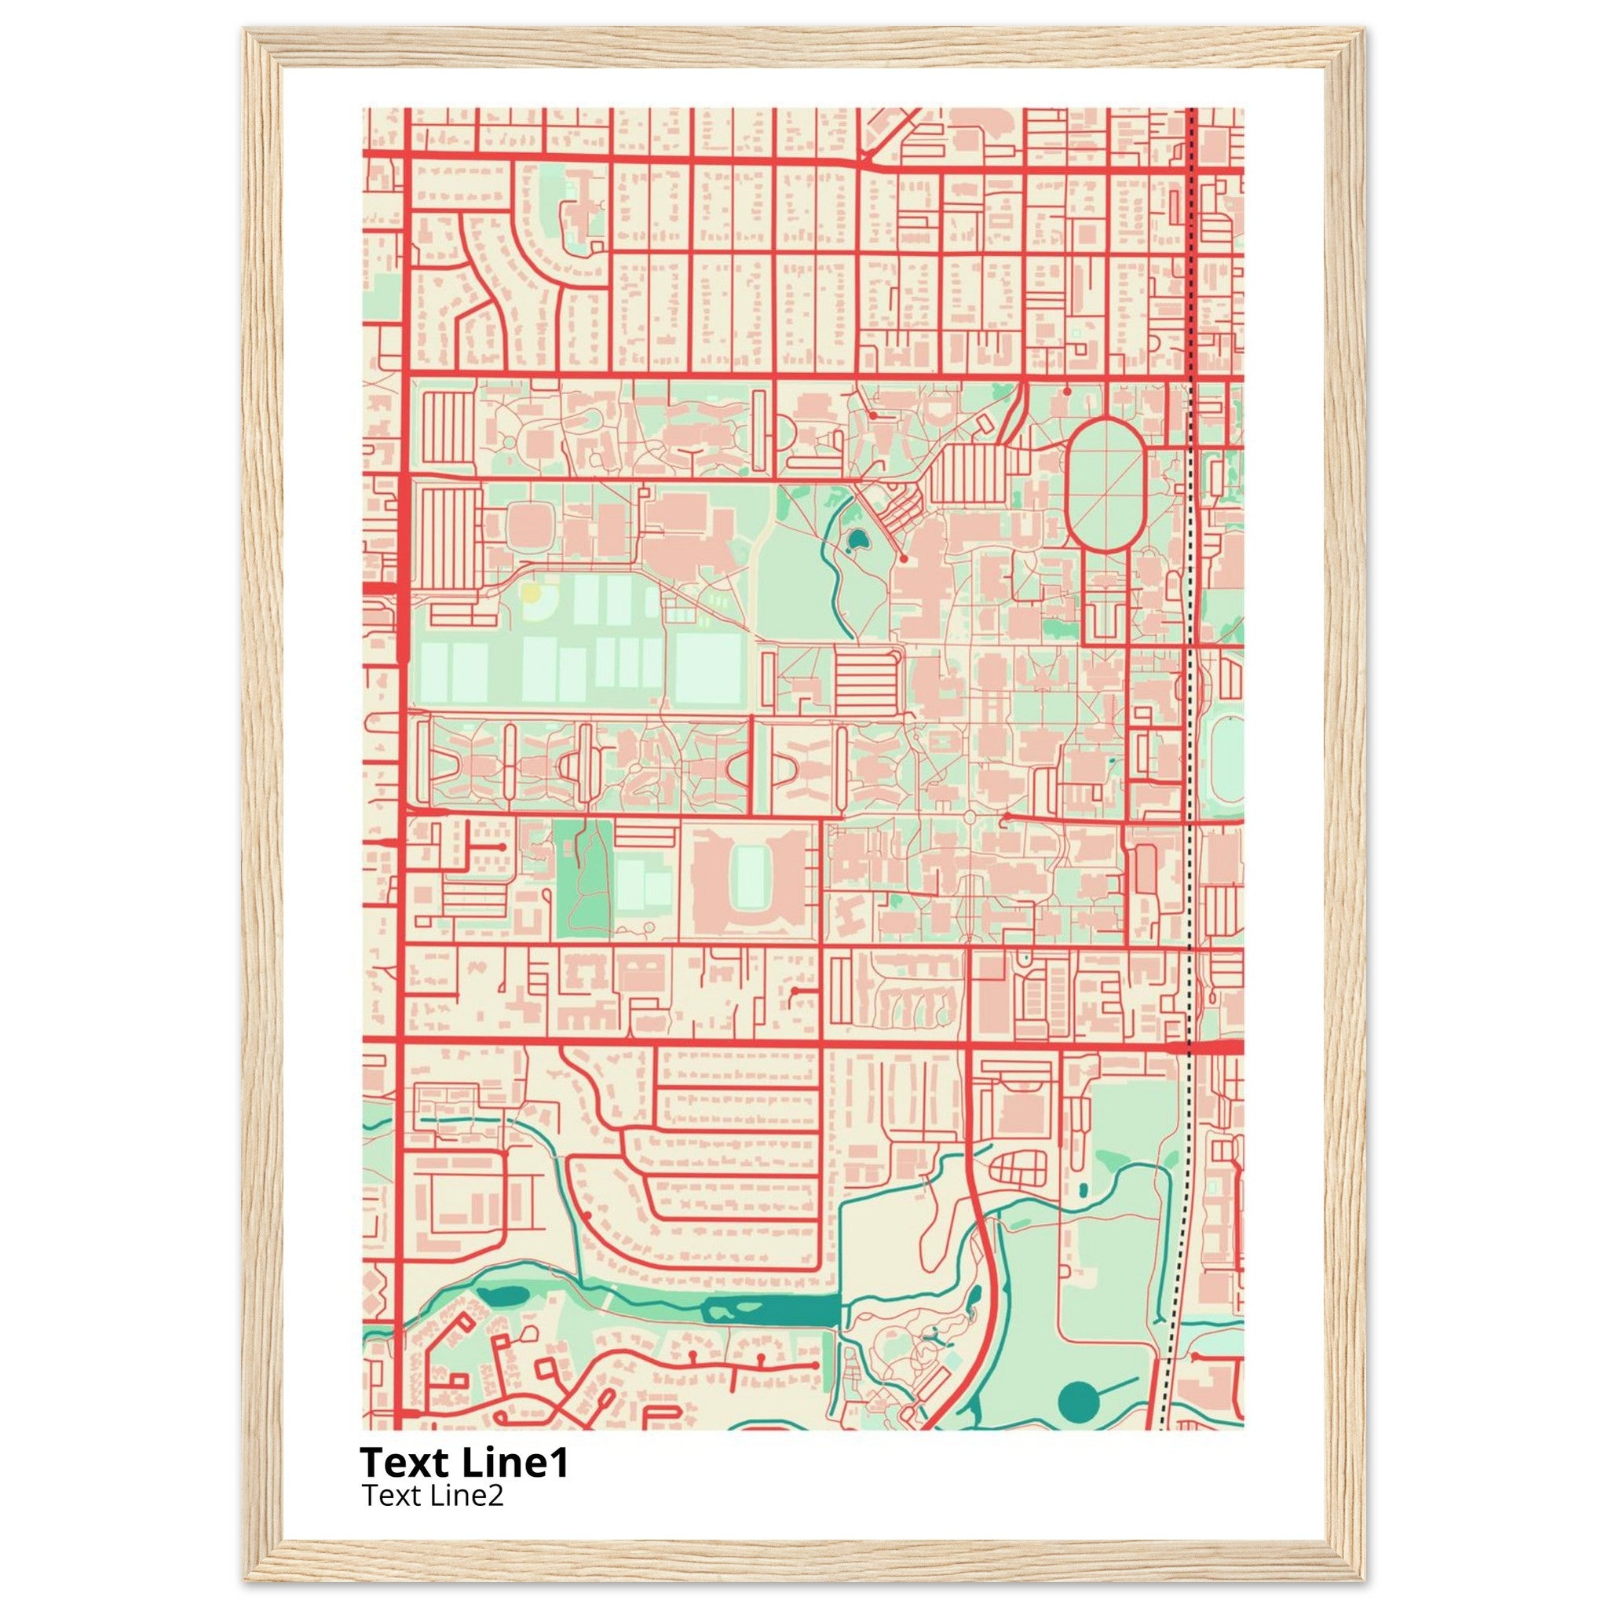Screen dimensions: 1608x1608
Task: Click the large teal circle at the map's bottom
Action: (1079, 1402)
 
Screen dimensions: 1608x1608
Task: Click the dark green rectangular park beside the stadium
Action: (582, 877)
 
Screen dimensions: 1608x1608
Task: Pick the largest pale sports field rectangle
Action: (708, 668)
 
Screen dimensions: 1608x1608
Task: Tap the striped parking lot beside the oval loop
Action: (969, 473)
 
